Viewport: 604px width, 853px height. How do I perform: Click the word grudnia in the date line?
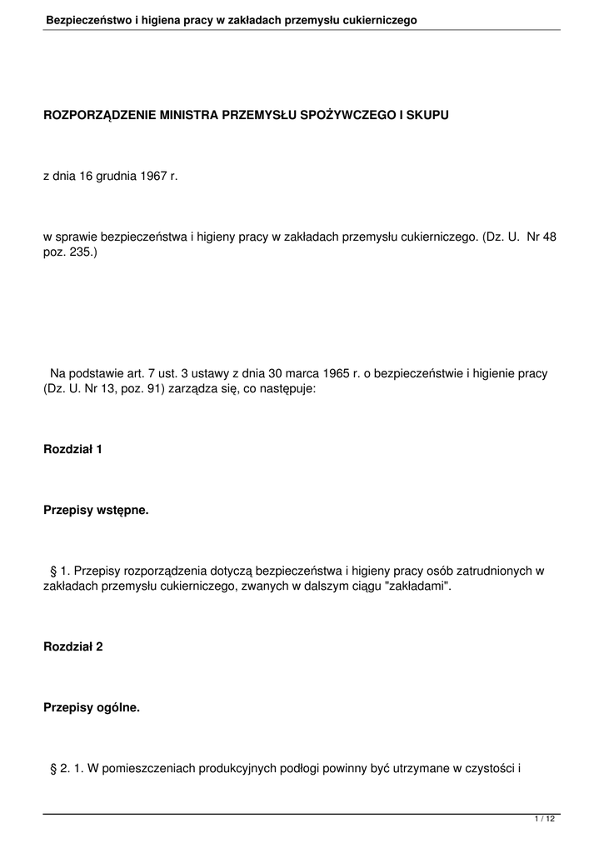click(115, 177)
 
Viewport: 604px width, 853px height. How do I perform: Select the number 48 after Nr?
click(549, 237)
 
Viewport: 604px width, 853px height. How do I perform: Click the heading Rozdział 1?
click(72, 449)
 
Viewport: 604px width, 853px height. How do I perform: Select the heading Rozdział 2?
click(72, 646)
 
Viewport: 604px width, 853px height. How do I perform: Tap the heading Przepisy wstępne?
click(96, 510)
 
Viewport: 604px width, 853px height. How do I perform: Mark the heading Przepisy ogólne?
click(92, 707)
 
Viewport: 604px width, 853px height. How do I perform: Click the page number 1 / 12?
click(544, 820)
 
